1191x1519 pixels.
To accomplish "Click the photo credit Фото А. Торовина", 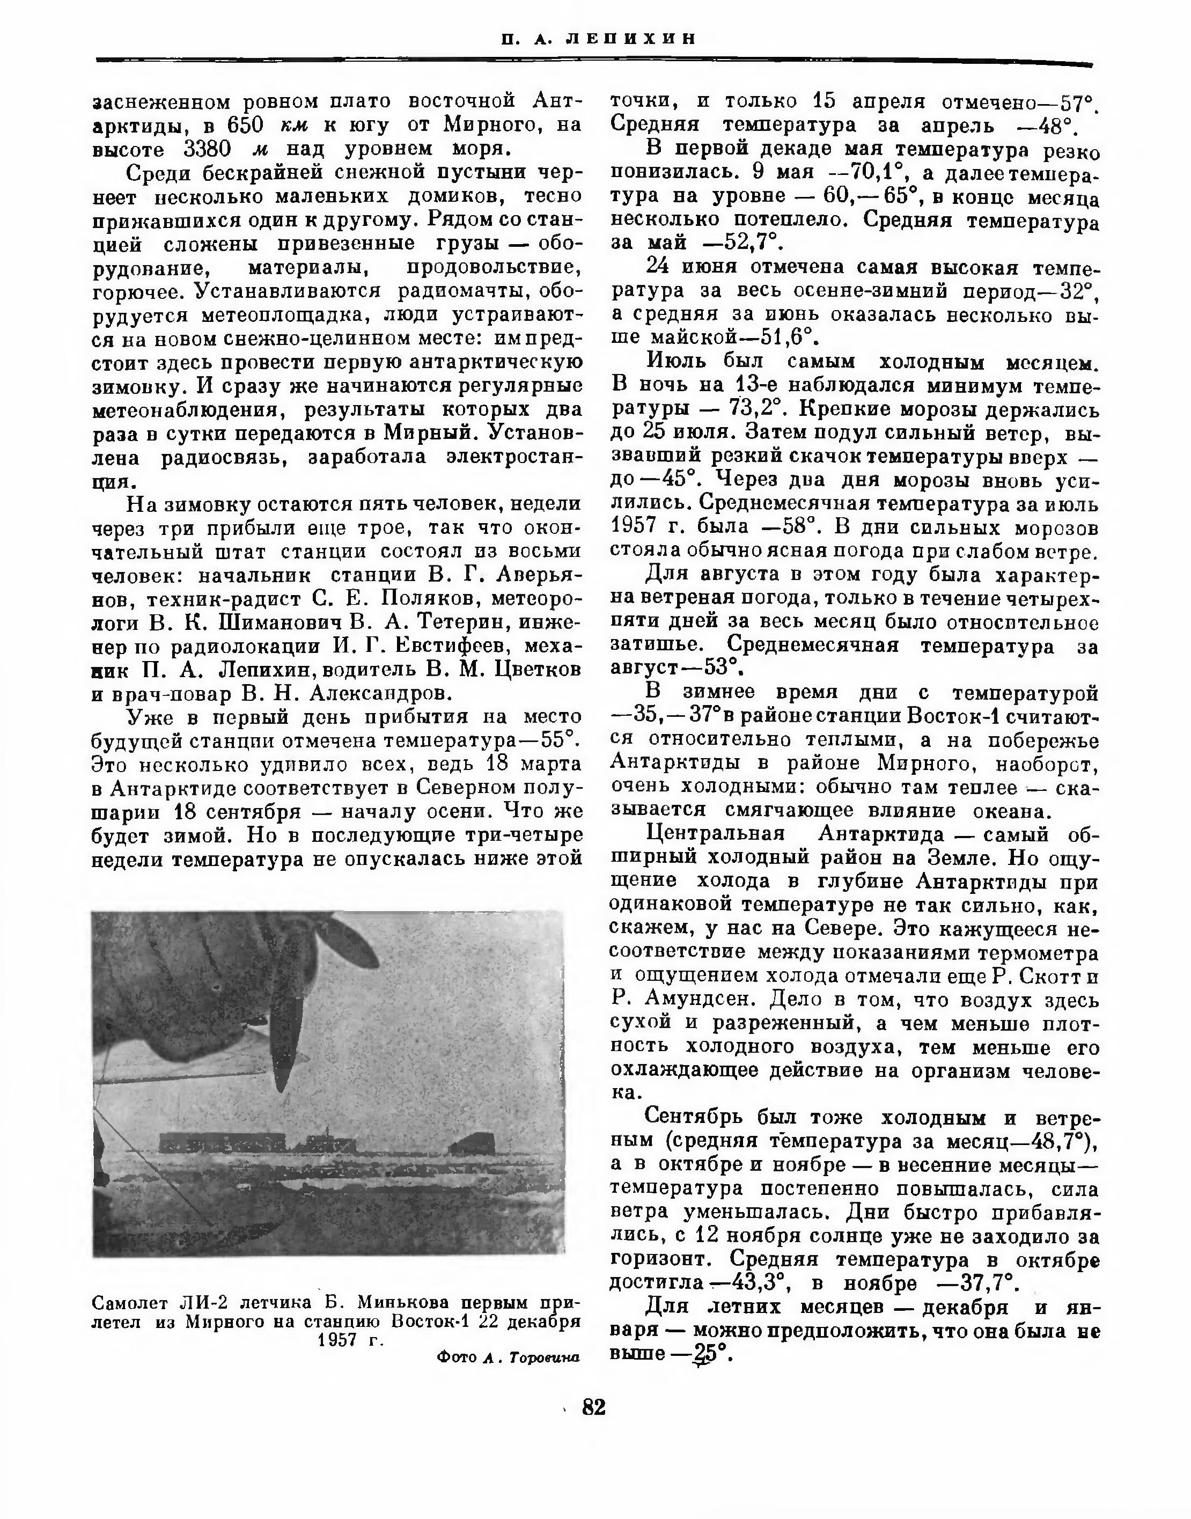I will click(x=509, y=1357).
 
